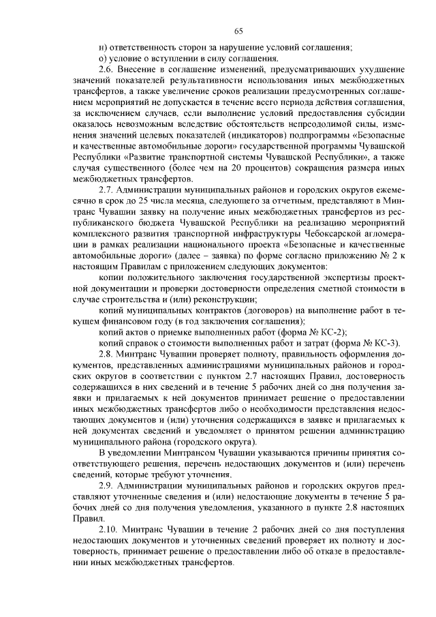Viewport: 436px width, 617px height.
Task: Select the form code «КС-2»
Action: click(x=334, y=331)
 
